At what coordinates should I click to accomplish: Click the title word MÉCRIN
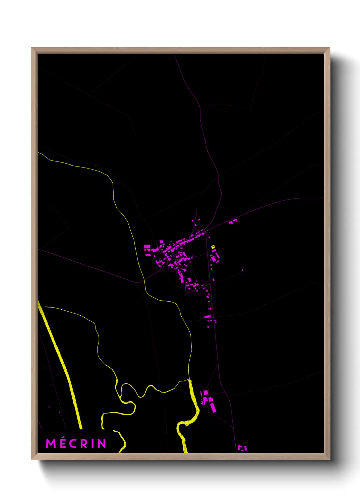tap(76, 443)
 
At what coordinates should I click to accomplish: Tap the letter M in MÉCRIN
tap(51, 443)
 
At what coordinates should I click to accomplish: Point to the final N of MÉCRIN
tap(102, 443)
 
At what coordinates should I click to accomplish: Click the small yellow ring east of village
tap(213, 247)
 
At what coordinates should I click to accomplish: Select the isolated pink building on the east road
tap(233, 222)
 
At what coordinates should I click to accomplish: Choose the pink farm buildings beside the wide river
tap(208, 400)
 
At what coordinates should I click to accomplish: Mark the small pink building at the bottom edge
tap(242, 448)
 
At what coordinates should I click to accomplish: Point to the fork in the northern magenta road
tap(200, 108)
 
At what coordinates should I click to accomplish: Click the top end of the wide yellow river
tap(190, 381)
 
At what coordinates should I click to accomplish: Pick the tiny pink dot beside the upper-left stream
tap(96, 166)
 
